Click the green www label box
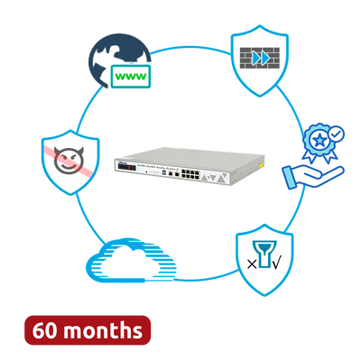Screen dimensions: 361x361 [131, 76]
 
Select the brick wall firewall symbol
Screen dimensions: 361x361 [260, 58]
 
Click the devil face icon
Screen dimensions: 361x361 [69, 161]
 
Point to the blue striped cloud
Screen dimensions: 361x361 [131, 260]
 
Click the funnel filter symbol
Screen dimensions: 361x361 [264, 255]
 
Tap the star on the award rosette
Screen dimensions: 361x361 [319, 140]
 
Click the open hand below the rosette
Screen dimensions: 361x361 [313, 177]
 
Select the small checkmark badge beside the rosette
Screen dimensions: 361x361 [336, 134]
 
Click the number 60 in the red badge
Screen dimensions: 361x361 [44, 330]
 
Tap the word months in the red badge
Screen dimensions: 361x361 [103, 330]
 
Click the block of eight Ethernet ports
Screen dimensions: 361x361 [190, 174]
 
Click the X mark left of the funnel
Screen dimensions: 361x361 [252, 264]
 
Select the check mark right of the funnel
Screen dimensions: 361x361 [277, 264]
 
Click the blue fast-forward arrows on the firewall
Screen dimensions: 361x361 [261, 58]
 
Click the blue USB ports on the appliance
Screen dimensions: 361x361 [164, 172]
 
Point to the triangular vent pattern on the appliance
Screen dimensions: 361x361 [213, 178]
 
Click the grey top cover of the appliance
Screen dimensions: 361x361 [192, 155]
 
